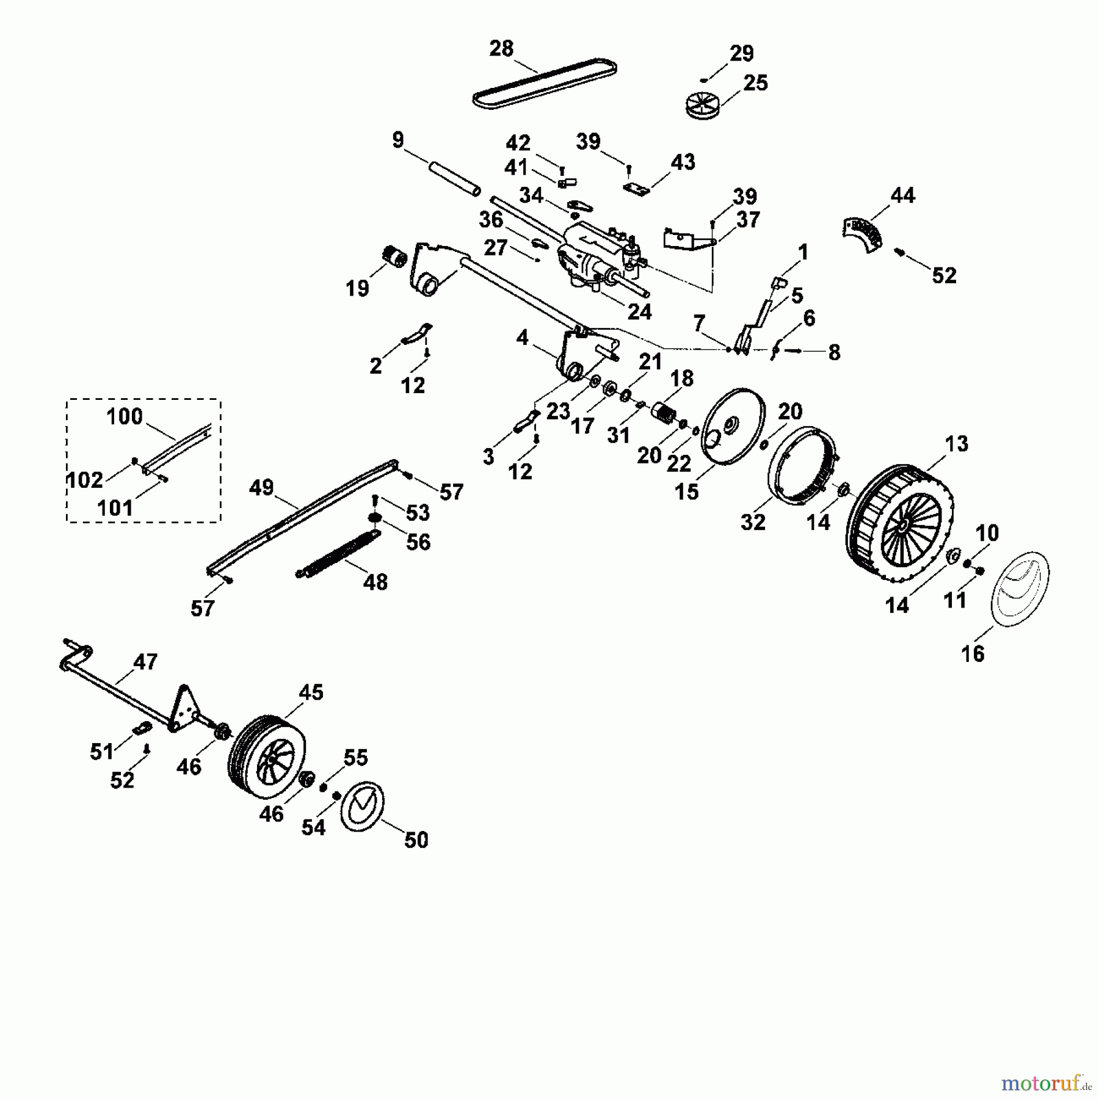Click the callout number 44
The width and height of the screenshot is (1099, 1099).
click(902, 195)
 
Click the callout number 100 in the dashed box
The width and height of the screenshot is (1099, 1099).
click(124, 417)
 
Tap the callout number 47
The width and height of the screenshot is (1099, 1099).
click(145, 661)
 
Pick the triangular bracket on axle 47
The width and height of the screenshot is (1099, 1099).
click(183, 708)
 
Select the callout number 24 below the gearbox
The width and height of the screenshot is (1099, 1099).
click(640, 311)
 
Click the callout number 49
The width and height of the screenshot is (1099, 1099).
click(261, 487)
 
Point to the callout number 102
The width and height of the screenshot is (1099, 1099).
click(84, 480)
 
